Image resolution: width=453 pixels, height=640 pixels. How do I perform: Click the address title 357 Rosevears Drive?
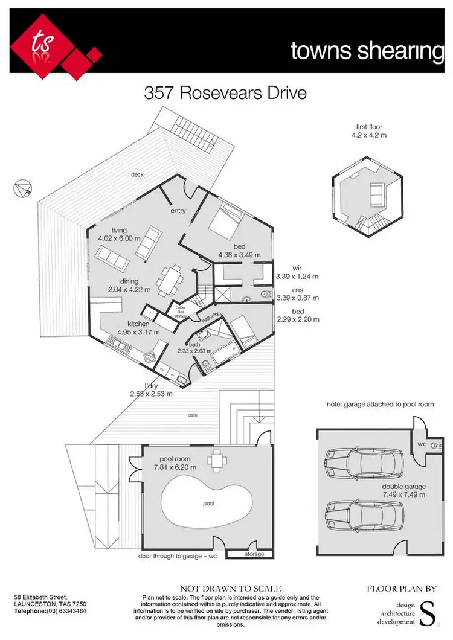click(x=225, y=94)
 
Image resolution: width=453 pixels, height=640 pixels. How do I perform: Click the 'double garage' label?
click(x=404, y=487)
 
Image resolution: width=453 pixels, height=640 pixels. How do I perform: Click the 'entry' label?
click(x=178, y=211)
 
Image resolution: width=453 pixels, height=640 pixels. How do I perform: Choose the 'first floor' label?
click(x=369, y=127)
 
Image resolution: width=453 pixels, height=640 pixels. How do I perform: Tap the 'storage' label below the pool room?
click(x=254, y=554)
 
